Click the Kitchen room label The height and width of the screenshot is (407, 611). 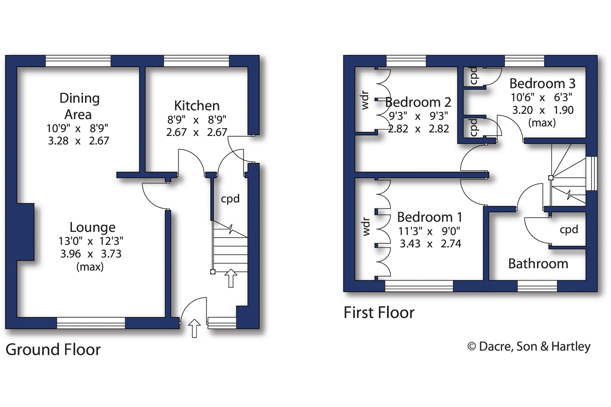point(197,106)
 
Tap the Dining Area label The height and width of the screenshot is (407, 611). point(79,106)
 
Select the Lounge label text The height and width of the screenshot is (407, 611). point(93,227)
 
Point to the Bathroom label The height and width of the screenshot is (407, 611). point(538,264)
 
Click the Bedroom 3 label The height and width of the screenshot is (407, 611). point(542,84)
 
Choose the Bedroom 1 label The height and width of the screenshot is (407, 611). point(430,217)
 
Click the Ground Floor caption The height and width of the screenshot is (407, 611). point(53,350)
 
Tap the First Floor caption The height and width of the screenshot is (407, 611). point(379,313)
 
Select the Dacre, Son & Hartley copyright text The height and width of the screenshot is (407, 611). point(529,347)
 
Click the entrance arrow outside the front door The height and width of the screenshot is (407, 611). point(194,328)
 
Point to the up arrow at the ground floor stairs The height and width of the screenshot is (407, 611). point(231,278)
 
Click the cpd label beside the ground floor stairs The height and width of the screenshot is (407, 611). point(230,199)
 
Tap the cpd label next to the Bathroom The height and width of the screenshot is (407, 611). point(569,229)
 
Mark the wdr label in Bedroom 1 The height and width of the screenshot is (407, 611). point(366,227)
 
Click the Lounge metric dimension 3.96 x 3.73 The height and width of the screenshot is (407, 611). point(91,254)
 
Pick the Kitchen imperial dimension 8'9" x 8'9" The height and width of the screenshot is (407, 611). point(197,119)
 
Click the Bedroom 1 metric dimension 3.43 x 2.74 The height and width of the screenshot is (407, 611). point(430,244)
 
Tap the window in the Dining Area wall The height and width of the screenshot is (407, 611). point(78,61)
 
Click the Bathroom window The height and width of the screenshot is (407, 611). point(537,286)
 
